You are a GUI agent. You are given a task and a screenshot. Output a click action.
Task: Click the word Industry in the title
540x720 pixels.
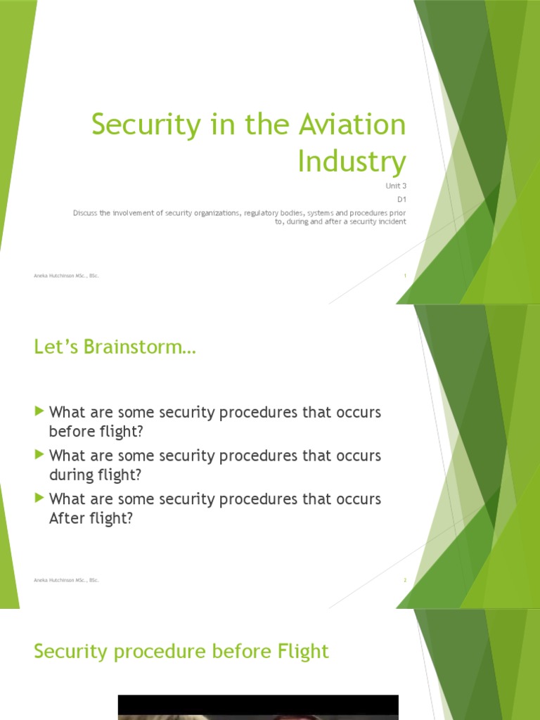352,161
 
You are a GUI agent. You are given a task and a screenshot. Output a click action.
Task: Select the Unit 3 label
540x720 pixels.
395,186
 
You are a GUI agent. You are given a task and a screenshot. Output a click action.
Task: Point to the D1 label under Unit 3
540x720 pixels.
401,199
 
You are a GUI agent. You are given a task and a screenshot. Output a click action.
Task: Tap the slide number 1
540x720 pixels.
405,276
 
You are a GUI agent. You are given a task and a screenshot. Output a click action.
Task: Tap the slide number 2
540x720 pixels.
405,580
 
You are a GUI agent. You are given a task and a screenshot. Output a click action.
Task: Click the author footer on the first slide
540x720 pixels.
66,276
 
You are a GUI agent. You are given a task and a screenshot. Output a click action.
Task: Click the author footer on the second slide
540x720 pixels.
66,580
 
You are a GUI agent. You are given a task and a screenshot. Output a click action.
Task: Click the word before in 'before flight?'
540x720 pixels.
70,431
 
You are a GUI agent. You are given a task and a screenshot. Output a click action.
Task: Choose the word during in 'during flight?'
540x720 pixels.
70,475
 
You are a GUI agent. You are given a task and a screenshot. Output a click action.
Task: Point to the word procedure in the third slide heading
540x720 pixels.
154,652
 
